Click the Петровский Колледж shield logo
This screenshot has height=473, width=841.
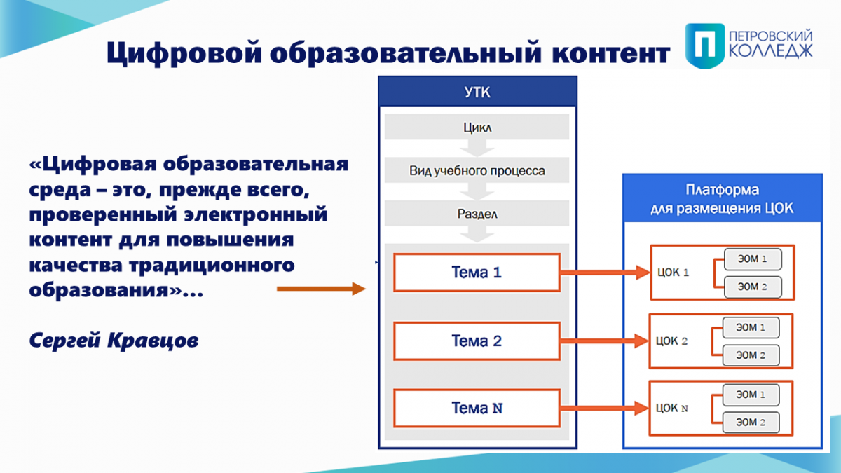coord(705,46)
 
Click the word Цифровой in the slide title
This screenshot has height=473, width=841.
coord(184,53)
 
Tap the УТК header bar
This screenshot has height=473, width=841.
coord(477,92)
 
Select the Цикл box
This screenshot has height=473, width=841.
coord(477,127)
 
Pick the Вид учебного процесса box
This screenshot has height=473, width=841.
coord(477,170)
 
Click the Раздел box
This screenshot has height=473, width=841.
coord(477,213)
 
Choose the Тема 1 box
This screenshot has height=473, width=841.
coord(477,272)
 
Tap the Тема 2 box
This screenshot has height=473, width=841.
coord(477,341)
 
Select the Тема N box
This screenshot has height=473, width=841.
coord(477,408)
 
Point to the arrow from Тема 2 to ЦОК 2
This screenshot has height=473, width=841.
coord(604,341)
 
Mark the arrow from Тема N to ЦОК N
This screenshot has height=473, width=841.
coord(604,408)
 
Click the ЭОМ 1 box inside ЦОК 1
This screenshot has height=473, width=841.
coord(753,259)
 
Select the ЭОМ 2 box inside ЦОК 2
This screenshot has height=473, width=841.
coord(751,355)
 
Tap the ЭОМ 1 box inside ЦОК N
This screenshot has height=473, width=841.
coord(751,395)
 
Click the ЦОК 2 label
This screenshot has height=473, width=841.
coord(671,341)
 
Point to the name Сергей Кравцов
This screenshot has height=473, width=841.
coord(114,341)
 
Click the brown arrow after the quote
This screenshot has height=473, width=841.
coord(322,288)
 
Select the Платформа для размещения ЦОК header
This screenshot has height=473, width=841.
coord(723,198)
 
